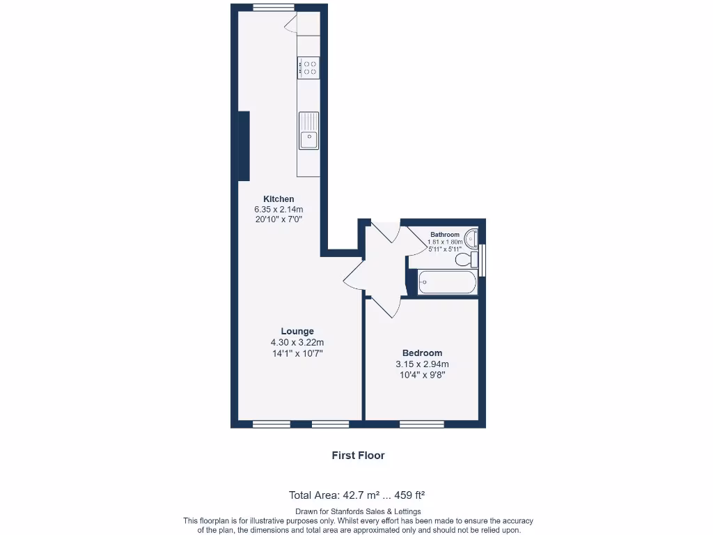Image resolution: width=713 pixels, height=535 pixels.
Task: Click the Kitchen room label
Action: [x=278, y=199]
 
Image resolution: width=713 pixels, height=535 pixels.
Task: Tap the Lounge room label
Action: [x=297, y=332]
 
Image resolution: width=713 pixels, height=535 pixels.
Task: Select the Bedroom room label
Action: [x=422, y=353]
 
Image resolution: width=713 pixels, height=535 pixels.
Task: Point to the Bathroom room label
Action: [x=444, y=235]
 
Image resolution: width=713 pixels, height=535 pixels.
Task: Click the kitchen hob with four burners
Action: [x=309, y=68]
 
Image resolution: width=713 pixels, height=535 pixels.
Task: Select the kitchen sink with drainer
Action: [x=308, y=131]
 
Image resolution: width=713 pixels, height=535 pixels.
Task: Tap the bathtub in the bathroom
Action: [x=448, y=283]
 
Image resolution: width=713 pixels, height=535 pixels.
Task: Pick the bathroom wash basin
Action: [x=471, y=238]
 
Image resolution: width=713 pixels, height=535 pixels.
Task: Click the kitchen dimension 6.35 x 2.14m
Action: [x=279, y=209]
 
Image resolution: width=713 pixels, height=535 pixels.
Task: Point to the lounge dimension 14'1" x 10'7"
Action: [x=297, y=353]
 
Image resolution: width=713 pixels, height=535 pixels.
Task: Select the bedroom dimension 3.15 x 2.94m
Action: [x=422, y=364]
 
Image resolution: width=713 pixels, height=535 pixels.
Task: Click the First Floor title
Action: [x=358, y=456]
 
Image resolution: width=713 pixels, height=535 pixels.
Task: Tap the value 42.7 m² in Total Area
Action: [x=361, y=496]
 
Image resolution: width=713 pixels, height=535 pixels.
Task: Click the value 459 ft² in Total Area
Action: [x=409, y=496]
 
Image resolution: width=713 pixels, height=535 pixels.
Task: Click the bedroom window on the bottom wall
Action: [x=422, y=424]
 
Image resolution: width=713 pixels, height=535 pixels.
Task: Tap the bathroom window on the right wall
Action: [x=483, y=255]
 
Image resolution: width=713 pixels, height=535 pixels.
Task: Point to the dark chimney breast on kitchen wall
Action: [x=244, y=146]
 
